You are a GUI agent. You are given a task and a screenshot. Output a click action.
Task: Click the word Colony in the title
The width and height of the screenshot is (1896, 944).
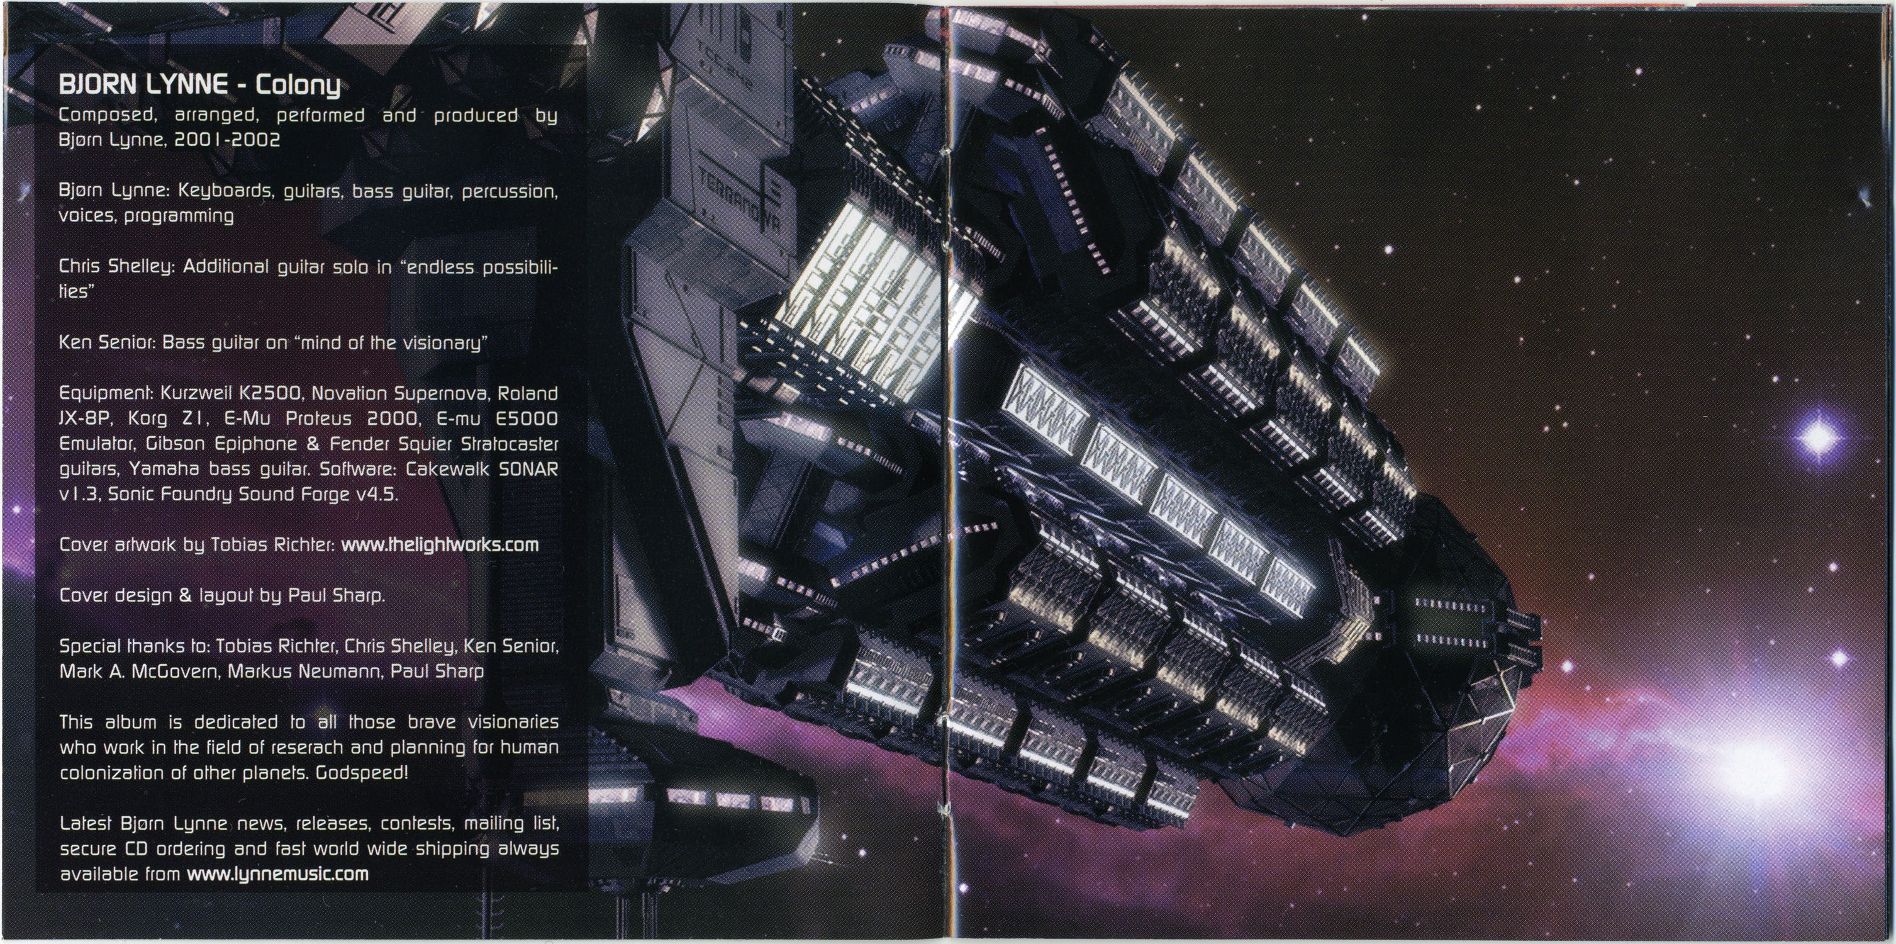pyautogui.click(x=298, y=87)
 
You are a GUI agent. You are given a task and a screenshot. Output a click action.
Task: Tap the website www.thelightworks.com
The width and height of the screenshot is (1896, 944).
pyautogui.click(x=440, y=545)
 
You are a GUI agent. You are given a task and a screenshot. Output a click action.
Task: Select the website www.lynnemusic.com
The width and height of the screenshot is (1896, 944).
pyautogui.click(x=277, y=874)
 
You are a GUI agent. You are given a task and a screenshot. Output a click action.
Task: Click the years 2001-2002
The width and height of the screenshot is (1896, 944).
pyautogui.click(x=228, y=140)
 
